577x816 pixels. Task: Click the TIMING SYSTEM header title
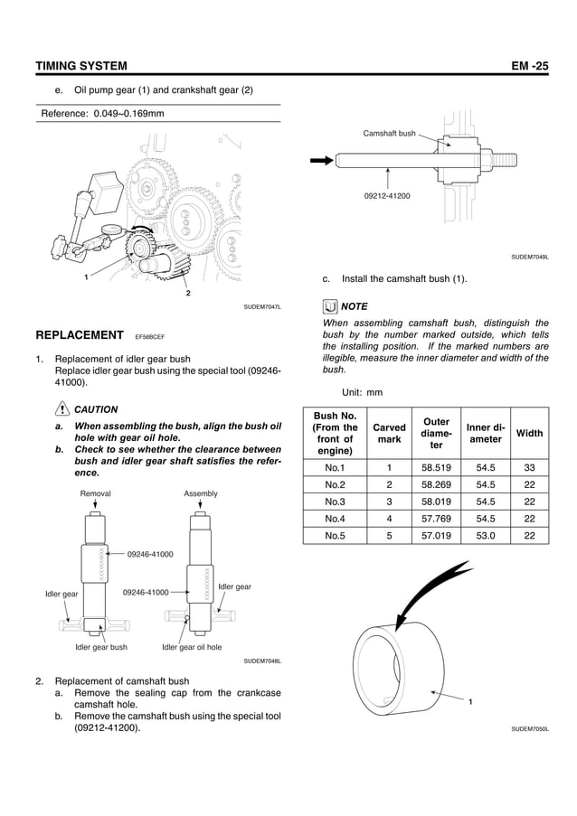coord(80,66)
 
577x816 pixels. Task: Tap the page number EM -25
coord(529,66)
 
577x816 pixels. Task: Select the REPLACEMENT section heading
coord(79,335)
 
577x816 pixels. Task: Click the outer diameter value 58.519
coord(436,468)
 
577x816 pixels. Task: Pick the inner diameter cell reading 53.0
coord(485,535)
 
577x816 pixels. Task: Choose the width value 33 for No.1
coord(529,468)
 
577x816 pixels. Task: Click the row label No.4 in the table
coord(334,519)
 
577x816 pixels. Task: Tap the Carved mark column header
coord(389,433)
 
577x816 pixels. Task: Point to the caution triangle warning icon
coord(61,409)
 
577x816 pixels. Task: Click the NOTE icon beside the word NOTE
coord(330,306)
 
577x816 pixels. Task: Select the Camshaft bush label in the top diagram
coord(389,134)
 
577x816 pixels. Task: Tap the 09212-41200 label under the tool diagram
coord(387,195)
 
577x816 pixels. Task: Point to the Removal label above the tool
coord(96,493)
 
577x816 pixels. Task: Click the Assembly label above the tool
coord(201,493)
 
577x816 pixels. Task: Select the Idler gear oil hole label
coord(192,647)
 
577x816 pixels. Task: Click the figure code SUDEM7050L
coord(530,728)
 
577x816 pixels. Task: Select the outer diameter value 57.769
coord(436,519)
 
